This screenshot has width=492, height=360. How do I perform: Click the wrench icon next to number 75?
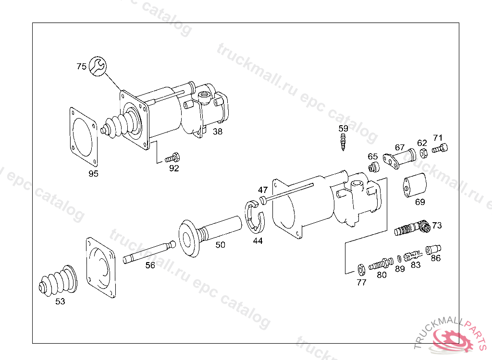[98, 66]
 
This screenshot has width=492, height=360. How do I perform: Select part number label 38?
[218, 132]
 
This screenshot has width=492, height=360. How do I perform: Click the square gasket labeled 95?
[83, 136]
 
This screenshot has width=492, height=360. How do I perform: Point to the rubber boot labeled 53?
[58, 281]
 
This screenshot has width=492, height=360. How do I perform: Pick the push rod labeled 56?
[149, 252]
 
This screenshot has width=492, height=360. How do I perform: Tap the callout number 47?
[263, 190]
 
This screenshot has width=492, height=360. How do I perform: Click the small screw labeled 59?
[343, 142]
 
